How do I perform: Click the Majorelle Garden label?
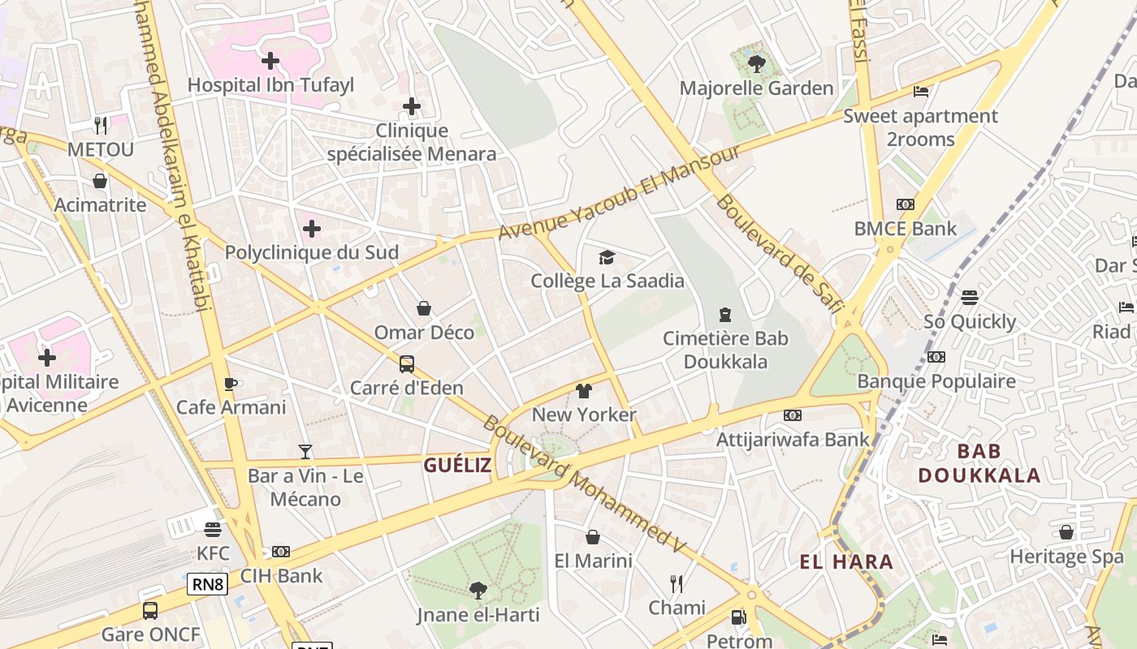point(756,88)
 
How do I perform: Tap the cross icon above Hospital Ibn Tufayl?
point(270,60)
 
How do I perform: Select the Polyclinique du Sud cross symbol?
point(311,229)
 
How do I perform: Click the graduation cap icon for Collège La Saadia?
point(607,258)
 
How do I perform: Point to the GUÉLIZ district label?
point(457,465)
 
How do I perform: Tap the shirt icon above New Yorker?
point(583,391)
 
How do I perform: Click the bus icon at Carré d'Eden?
point(406,364)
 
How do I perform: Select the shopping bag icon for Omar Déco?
point(423,308)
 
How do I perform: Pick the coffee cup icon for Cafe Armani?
point(231,384)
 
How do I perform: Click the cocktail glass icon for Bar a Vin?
point(305,451)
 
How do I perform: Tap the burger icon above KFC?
point(213,530)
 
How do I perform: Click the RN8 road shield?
point(207,583)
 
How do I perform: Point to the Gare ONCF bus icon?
point(150,610)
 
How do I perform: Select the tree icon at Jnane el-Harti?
point(478,590)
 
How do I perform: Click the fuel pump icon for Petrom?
point(737,617)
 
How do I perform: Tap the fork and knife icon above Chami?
point(676,583)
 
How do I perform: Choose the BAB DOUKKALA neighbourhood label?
point(979,463)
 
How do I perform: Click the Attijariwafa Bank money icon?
point(792,415)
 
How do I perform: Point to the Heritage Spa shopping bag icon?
point(1066,532)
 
